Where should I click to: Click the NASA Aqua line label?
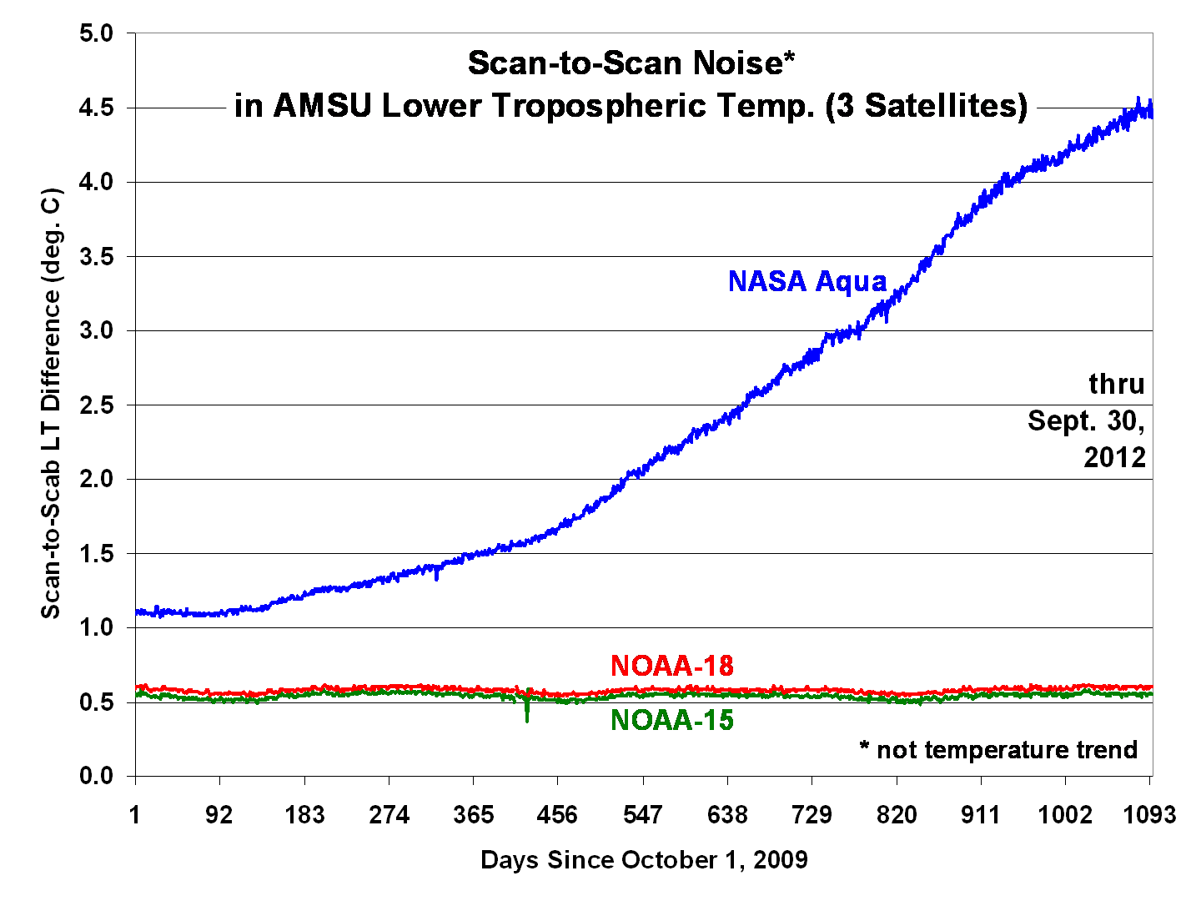pos(807,281)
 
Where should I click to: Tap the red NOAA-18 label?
pos(671,666)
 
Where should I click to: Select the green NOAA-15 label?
pos(671,719)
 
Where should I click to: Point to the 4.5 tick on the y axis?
pos(96,108)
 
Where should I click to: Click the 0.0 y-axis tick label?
pos(96,776)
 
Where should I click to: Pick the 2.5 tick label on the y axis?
pos(96,405)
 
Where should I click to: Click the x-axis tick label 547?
pos(642,814)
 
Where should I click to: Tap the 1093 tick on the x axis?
pos(1148,814)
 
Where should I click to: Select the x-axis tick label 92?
pos(219,814)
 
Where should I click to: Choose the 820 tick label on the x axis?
pos(897,814)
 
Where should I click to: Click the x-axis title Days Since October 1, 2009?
pos(644,859)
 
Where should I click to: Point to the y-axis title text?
pos(52,405)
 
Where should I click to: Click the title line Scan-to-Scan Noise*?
pos(631,63)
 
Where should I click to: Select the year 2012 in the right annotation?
pos(1114,457)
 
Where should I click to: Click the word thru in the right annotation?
pos(1116,384)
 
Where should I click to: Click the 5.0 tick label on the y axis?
pos(96,33)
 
